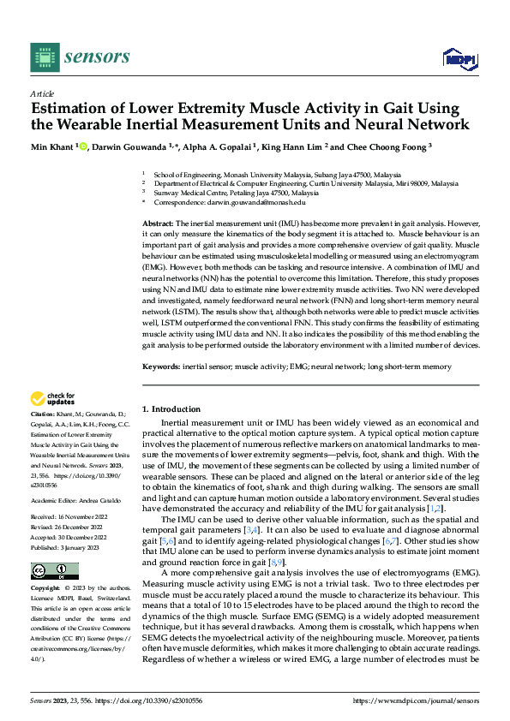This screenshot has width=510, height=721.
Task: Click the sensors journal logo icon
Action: [44, 57]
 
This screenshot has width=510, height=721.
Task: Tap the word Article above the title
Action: [42, 93]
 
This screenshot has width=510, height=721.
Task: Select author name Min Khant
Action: [52, 147]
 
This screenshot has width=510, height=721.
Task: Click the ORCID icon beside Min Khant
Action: [84, 146]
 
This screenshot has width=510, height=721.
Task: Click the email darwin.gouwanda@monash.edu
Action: [256, 202]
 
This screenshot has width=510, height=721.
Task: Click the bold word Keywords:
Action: [160, 366]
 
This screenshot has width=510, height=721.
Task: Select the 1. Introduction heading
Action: [171, 409]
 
